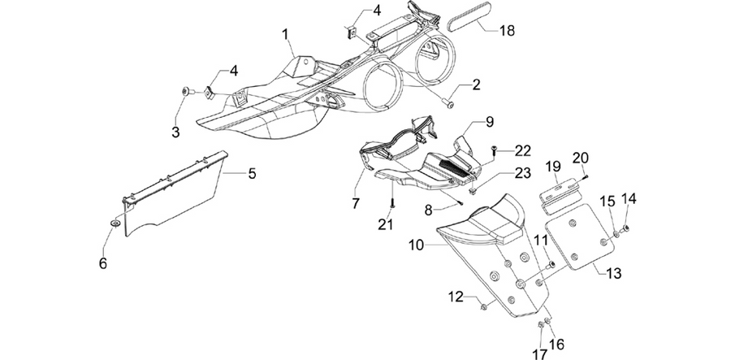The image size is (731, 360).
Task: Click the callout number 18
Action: (507, 31)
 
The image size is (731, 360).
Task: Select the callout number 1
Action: (285, 34)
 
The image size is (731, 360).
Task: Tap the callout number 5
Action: (252, 174)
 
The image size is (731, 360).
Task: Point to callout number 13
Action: (614, 273)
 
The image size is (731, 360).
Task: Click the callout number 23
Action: (522, 173)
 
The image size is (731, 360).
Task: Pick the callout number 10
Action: (417, 245)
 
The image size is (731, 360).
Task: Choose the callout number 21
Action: (386, 224)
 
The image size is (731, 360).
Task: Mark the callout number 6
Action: (103, 263)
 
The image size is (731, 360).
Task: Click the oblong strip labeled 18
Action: (467, 17)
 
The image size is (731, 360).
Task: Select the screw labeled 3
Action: (188, 92)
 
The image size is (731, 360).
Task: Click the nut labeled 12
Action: (483, 306)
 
